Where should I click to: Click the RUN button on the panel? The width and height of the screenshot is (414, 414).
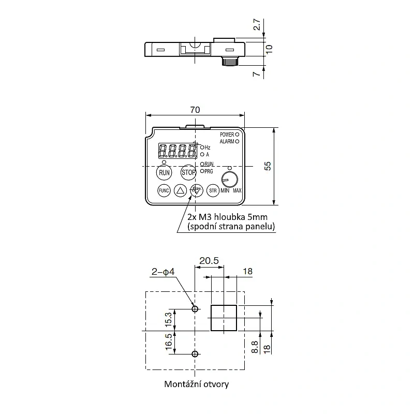point(164,173)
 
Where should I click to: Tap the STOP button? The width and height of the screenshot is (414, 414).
point(188,173)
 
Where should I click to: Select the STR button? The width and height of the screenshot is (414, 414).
point(213,190)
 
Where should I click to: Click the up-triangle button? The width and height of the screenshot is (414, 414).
point(180,190)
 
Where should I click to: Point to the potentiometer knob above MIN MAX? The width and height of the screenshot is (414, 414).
point(229,180)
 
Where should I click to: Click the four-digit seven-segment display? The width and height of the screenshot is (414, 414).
point(178,151)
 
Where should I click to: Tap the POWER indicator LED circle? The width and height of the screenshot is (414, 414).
point(237,135)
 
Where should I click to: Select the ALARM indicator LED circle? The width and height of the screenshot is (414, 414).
point(237,141)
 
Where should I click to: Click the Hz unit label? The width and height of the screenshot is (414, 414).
point(208,147)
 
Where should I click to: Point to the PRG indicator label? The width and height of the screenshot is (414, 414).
point(209,171)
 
